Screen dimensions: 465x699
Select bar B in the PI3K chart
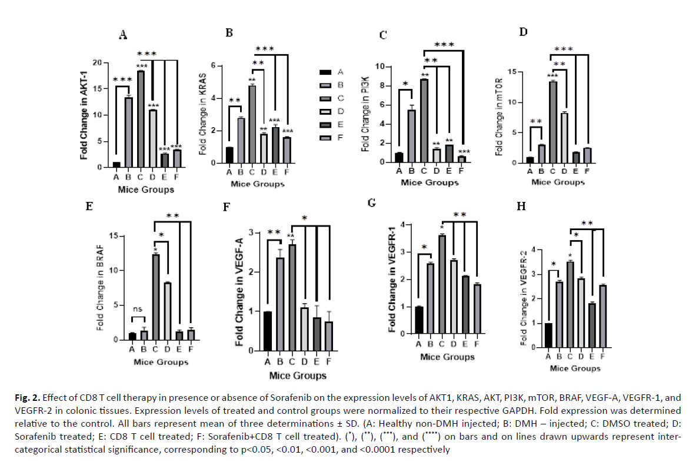[412, 135]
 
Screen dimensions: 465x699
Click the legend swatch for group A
[324, 72]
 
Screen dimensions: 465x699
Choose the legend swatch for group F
[324, 138]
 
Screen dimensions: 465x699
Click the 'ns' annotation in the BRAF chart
[137, 309]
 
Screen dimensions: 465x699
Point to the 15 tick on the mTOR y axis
[516, 72]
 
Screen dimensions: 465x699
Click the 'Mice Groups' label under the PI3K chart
[430, 182]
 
